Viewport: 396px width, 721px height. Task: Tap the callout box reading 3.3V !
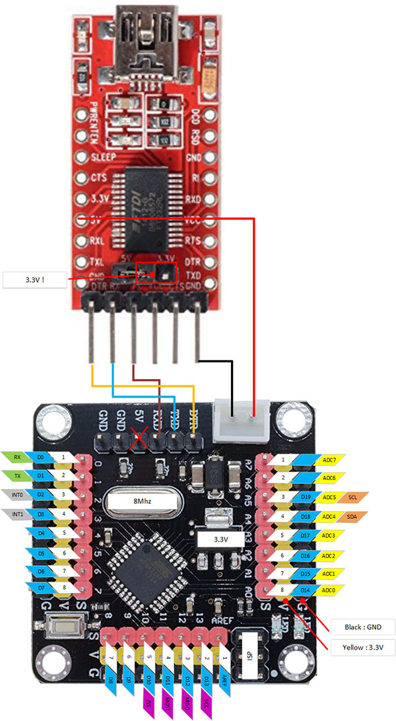coord(36,280)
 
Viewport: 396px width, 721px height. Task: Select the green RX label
coord(16,456)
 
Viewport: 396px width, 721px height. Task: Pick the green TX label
coord(16,475)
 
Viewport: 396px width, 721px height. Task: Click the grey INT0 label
coord(16,493)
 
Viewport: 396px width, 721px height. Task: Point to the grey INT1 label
coord(16,512)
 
